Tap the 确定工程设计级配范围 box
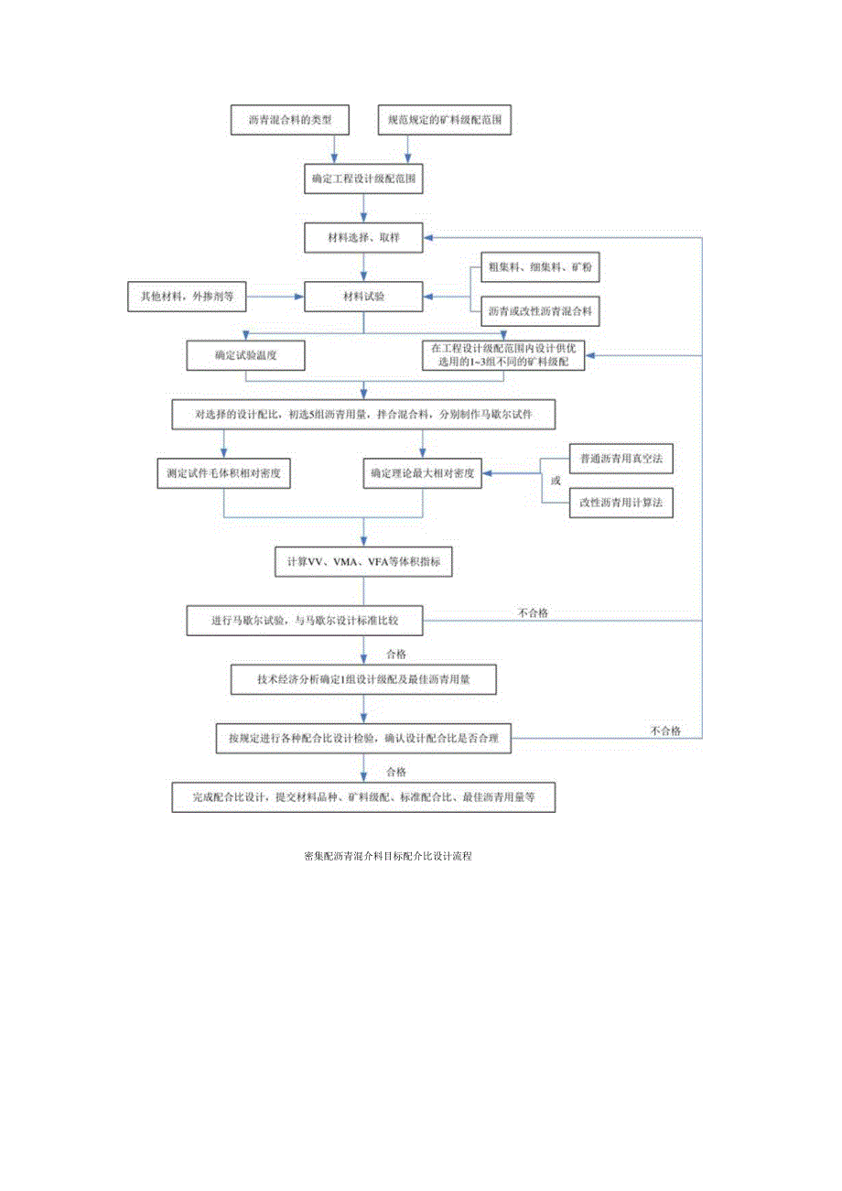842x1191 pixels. click(364, 178)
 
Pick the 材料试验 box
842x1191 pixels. click(364, 296)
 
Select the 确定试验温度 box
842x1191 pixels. click(245, 355)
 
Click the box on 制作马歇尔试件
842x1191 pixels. click(364, 414)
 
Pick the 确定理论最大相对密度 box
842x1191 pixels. click(422, 473)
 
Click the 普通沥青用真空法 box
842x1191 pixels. click(621, 457)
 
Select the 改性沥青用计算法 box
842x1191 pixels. click(621, 502)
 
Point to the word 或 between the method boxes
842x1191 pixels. click(555, 480)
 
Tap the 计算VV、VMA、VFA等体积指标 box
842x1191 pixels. click(364, 561)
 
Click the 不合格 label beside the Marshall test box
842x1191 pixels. click(533, 612)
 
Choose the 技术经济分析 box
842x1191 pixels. click(364, 679)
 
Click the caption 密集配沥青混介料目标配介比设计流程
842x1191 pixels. click(387, 857)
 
